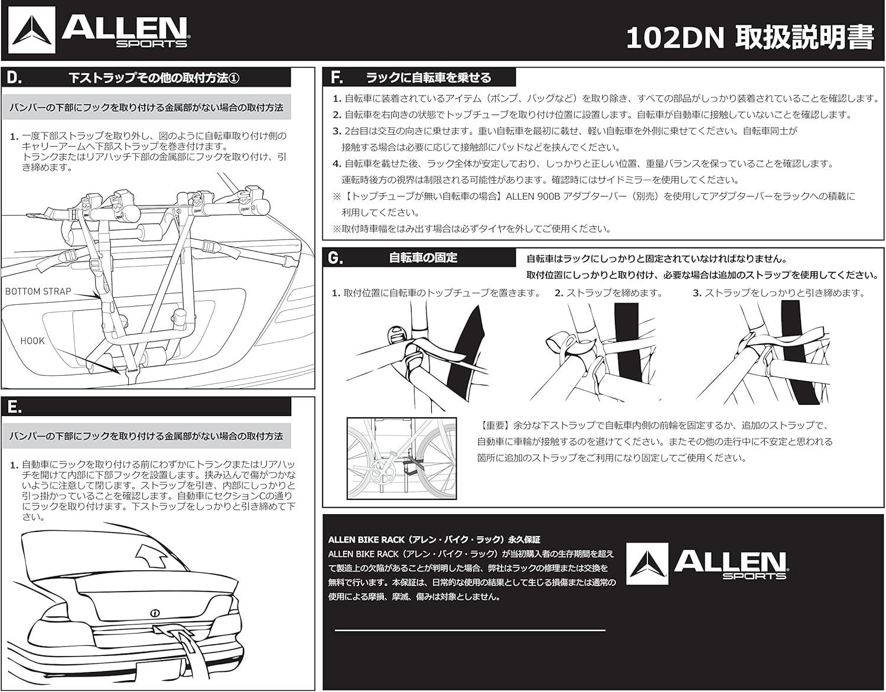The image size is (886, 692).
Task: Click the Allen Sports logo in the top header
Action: click(x=98, y=31)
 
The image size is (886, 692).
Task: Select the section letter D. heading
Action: click(x=14, y=77)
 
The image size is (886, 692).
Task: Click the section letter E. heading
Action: click(x=14, y=407)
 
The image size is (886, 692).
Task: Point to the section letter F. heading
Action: click(x=336, y=77)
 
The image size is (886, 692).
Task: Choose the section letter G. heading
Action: click(x=335, y=258)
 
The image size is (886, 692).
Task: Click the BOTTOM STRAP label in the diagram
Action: click(x=38, y=291)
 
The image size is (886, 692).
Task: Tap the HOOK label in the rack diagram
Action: click(x=32, y=341)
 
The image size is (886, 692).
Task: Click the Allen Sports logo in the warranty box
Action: click(x=706, y=564)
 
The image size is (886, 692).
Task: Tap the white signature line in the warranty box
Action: click(x=470, y=631)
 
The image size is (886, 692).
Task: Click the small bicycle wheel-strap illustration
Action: click(x=402, y=459)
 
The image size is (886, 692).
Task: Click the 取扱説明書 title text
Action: click(x=804, y=38)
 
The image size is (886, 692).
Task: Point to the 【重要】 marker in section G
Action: click(x=495, y=425)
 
